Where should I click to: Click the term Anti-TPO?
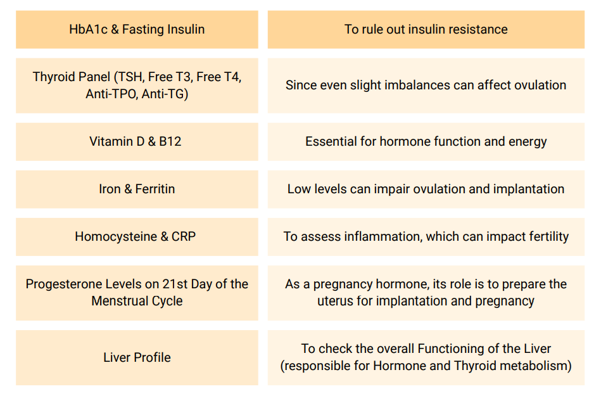[111, 94]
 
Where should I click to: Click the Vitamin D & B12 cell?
[137, 141]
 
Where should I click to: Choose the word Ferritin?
[155, 189]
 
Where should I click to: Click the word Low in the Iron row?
[297, 189]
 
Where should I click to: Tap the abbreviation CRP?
[184, 236]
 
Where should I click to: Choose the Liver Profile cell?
[137, 357]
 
